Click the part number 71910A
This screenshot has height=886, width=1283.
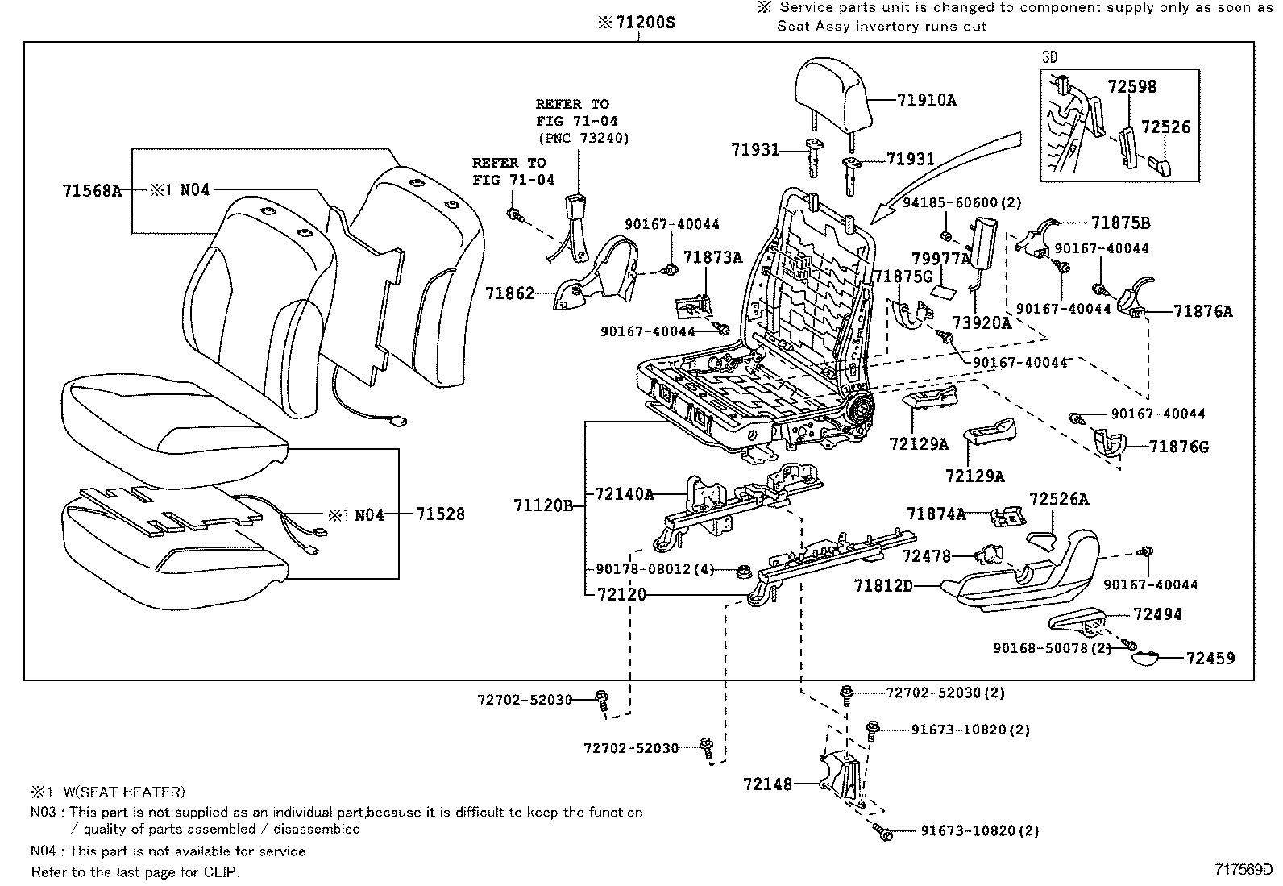pyautogui.click(x=927, y=101)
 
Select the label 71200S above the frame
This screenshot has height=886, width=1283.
pyautogui.click(x=637, y=23)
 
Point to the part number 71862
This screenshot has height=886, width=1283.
pyautogui.click(x=509, y=293)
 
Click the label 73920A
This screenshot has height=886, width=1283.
pyautogui.click(x=981, y=323)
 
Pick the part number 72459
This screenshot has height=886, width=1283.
pyautogui.click(x=1210, y=659)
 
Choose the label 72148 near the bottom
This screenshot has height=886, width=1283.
pyautogui.click(x=768, y=784)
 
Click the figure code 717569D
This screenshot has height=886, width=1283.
pyautogui.click(x=1244, y=870)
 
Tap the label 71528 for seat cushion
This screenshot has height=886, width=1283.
pyautogui.click(x=440, y=514)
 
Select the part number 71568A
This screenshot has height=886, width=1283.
pyautogui.click(x=92, y=191)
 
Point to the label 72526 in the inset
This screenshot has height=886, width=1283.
pyautogui.click(x=1165, y=127)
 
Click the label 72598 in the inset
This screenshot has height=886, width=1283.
pyautogui.click(x=1131, y=86)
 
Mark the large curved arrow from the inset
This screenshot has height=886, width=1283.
pyautogui.click(x=951, y=169)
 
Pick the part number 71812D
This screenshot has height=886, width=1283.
pyautogui.click(x=883, y=586)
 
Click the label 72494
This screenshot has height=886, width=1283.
pyautogui.click(x=1157, y=614)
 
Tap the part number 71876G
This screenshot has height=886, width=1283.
pyautogui.click(x=1179, y=447)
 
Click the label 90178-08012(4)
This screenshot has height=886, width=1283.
pyautogui.click(x=654, y=569)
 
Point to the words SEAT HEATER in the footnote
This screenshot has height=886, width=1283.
pyautogui.click(x=136, y=792)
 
